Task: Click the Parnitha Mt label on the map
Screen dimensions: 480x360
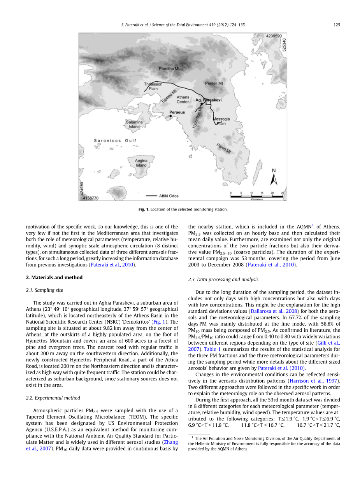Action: click(x=169, y=68)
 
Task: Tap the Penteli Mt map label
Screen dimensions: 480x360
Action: click(x=214, y=83)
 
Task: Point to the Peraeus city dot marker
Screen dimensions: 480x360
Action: click(x=170, y=116)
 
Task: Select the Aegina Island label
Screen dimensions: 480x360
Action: click(x=141, y=163)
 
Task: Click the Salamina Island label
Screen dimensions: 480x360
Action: click(x=134, y=124)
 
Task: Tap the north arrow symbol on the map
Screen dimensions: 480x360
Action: click(x=274, y=177)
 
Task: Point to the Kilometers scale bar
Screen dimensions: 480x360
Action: click(x=256, y=195)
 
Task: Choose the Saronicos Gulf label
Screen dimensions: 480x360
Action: click(x=115, y=141)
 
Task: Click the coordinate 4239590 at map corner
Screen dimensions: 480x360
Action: click(x=274, y=36)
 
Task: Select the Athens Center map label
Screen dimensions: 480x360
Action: click(x=183, y=100)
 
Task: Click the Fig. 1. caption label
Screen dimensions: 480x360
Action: click(x=144, y=209)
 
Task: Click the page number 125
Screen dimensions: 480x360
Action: click(x=337, y=25)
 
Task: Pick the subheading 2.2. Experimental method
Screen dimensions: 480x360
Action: click(x=53, y=398)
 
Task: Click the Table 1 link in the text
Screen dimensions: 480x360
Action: click(x=212, y=349)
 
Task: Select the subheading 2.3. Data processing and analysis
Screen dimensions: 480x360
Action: click(x=223, y=279)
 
